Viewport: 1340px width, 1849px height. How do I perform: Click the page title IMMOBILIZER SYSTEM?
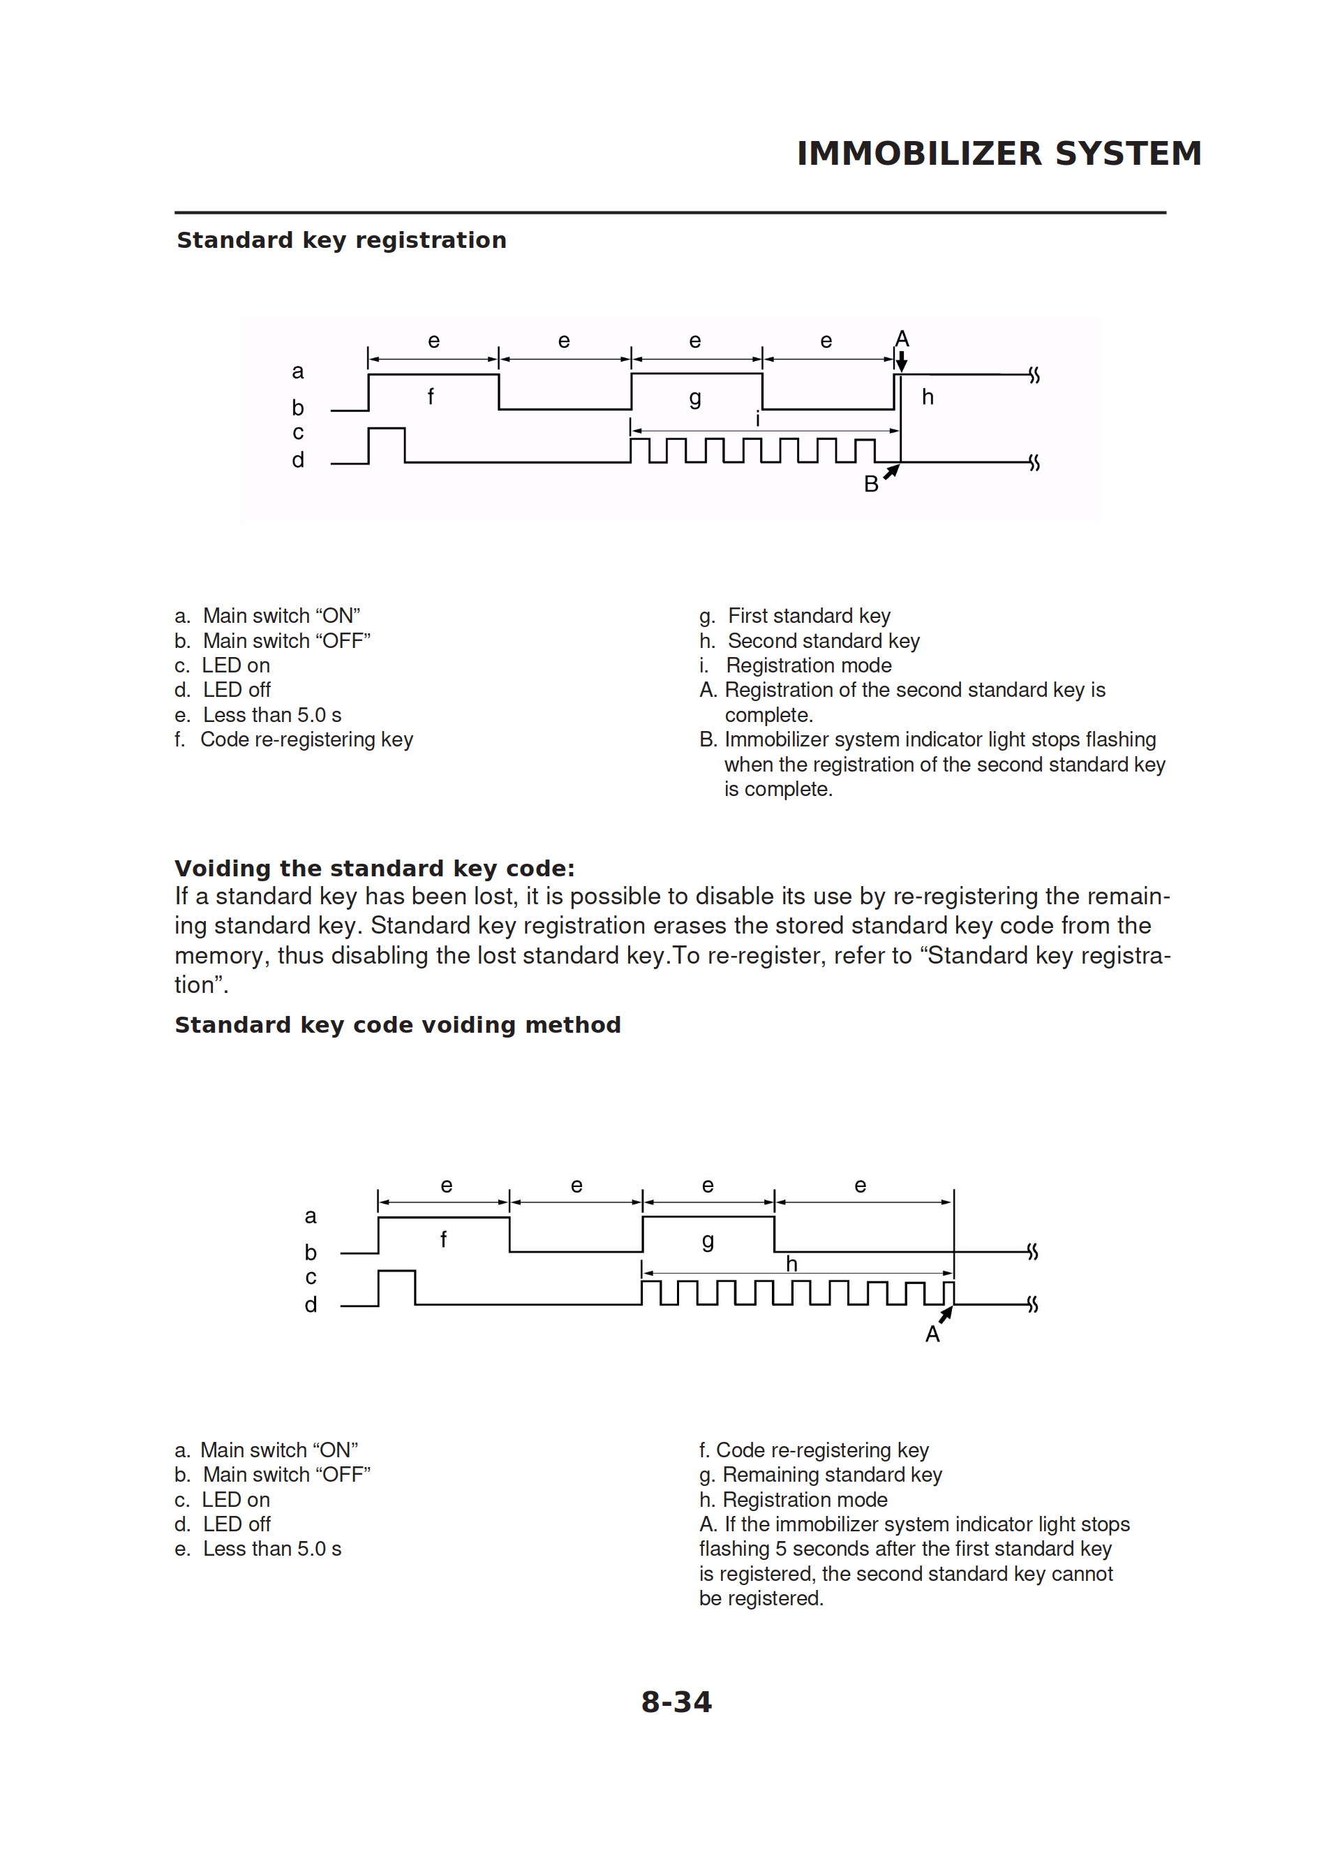tap(999, 153)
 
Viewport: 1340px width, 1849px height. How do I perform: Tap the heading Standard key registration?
tap(341, 240)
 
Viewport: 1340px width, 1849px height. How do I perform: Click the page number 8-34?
tap(676, 1702)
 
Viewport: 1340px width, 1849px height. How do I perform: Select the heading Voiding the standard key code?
tap(375, 868)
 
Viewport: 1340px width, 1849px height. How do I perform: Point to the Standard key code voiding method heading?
tap(398, 1025)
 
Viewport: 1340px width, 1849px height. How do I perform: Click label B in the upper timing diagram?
tap(870, 485)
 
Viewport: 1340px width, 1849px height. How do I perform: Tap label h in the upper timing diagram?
tap(928, 397)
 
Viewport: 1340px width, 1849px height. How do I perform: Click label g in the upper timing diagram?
tap(694, 398)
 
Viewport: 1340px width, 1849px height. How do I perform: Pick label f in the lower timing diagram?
tap(443, 1240)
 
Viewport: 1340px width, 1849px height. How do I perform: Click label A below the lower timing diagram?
tap(932, 1334)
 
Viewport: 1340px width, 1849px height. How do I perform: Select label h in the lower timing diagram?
tap(791, 1265)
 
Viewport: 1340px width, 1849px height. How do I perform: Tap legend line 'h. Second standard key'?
tap(810, 641)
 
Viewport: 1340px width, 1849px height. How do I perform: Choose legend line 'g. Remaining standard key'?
tap(820, 1475)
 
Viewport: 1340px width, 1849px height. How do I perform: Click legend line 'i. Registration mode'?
tap(796, 665)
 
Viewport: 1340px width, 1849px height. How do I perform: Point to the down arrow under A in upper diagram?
tap(902, 361)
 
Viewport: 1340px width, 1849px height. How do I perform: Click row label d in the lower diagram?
tap(311, 1304)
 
